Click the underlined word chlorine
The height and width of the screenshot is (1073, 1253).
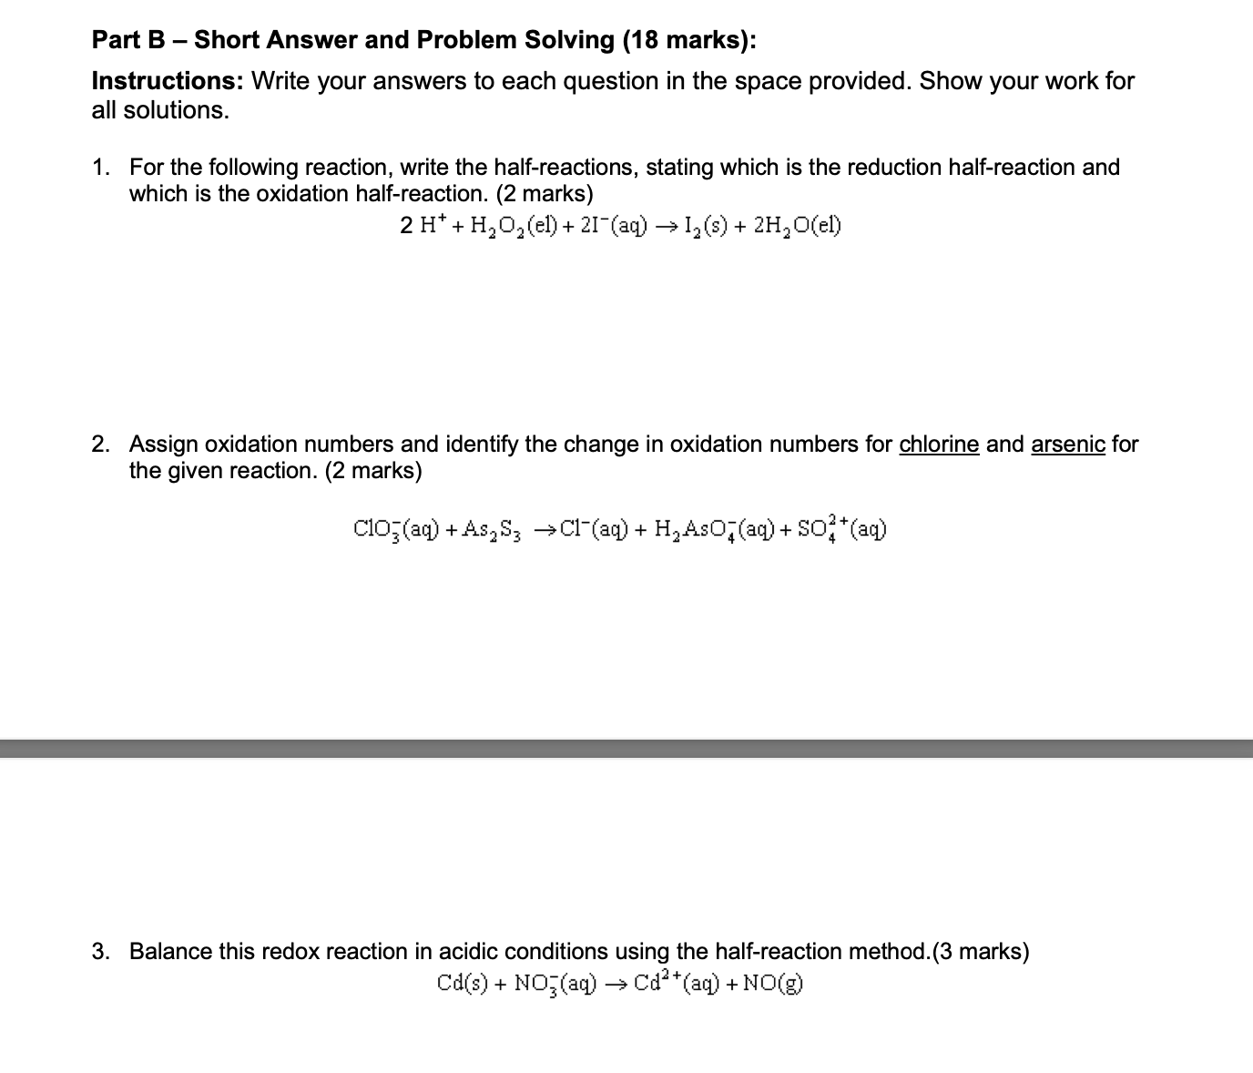tap(939, 445)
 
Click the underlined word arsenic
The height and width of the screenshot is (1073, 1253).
tap(1067, 445)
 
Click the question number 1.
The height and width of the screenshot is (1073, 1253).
tap(100, 168)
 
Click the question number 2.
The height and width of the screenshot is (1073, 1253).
tap(100, 445)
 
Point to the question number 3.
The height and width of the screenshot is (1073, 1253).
tap(100, 952)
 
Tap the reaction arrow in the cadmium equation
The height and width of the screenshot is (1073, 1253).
tap(616, 984)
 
